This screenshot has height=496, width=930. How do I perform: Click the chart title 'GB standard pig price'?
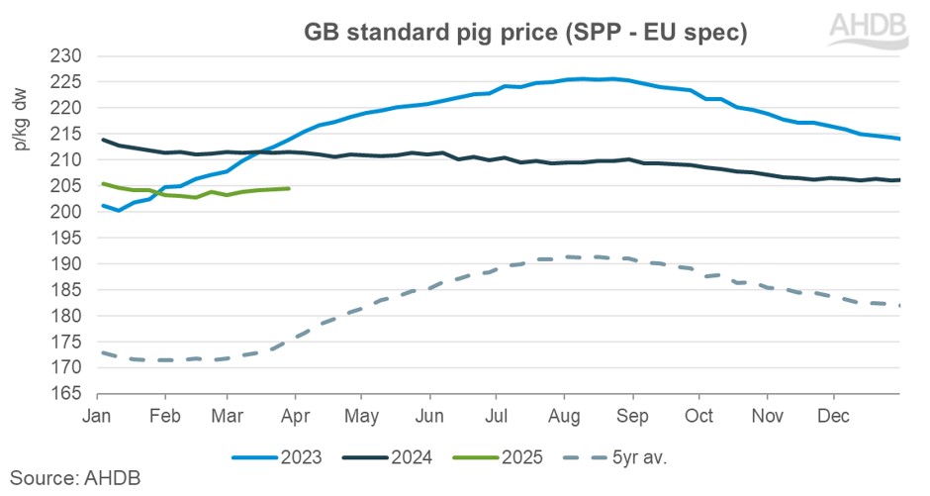click(523, 32)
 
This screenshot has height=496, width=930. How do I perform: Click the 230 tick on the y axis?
click(73, 55)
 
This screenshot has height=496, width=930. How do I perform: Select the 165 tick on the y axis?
click(73, 394)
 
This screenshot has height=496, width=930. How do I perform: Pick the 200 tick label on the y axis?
click(73, 212)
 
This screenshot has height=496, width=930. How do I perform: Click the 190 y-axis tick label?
click(73, 264)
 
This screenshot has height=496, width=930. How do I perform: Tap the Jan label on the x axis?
click(96, 415)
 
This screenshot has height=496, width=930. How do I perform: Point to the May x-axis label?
click(363, 415)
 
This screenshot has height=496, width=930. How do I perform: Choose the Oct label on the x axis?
click(699, 415)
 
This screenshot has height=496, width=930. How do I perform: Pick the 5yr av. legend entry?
click(643, 457)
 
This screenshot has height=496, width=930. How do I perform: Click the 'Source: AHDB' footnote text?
click(75, 478)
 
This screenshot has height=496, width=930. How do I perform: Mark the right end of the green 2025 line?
click(289, 188)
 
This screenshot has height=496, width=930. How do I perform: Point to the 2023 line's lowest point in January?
click(119, 210)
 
